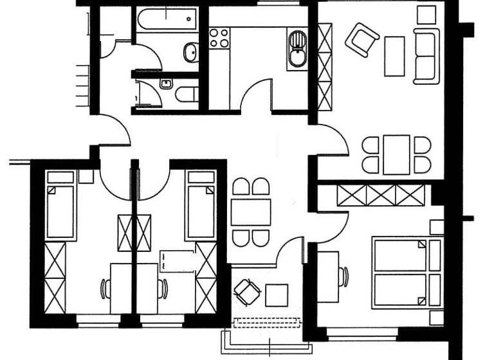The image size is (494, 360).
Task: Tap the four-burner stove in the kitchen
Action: pos(219,38)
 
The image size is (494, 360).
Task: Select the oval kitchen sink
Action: pos(297,50)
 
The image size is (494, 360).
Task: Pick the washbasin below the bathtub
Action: pos(190,52)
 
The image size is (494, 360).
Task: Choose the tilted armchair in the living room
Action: pos(361,40)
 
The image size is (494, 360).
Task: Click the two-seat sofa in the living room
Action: pos(426,56)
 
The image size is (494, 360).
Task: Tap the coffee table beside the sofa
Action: pos(394,56)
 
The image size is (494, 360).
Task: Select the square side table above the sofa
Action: pos(426,14)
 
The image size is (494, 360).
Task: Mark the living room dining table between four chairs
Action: pos(396,154)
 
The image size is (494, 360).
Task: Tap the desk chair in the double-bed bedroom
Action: pos(344,276)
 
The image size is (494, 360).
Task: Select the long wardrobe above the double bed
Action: pos(381,195)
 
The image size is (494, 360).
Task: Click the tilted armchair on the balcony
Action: pos(247,292)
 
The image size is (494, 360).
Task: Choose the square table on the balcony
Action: pos(277,295)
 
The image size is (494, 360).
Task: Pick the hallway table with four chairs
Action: pos(251,212)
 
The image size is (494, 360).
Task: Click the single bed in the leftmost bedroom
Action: pos(61,206)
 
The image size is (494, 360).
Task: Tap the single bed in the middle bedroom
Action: pos(200,206)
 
